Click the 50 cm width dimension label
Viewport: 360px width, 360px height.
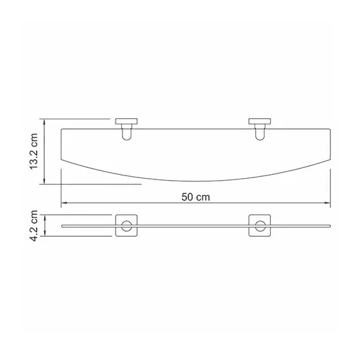click(195, 196)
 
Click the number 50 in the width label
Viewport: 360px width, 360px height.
click(188, 196)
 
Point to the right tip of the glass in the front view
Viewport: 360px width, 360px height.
click(330, 225)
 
